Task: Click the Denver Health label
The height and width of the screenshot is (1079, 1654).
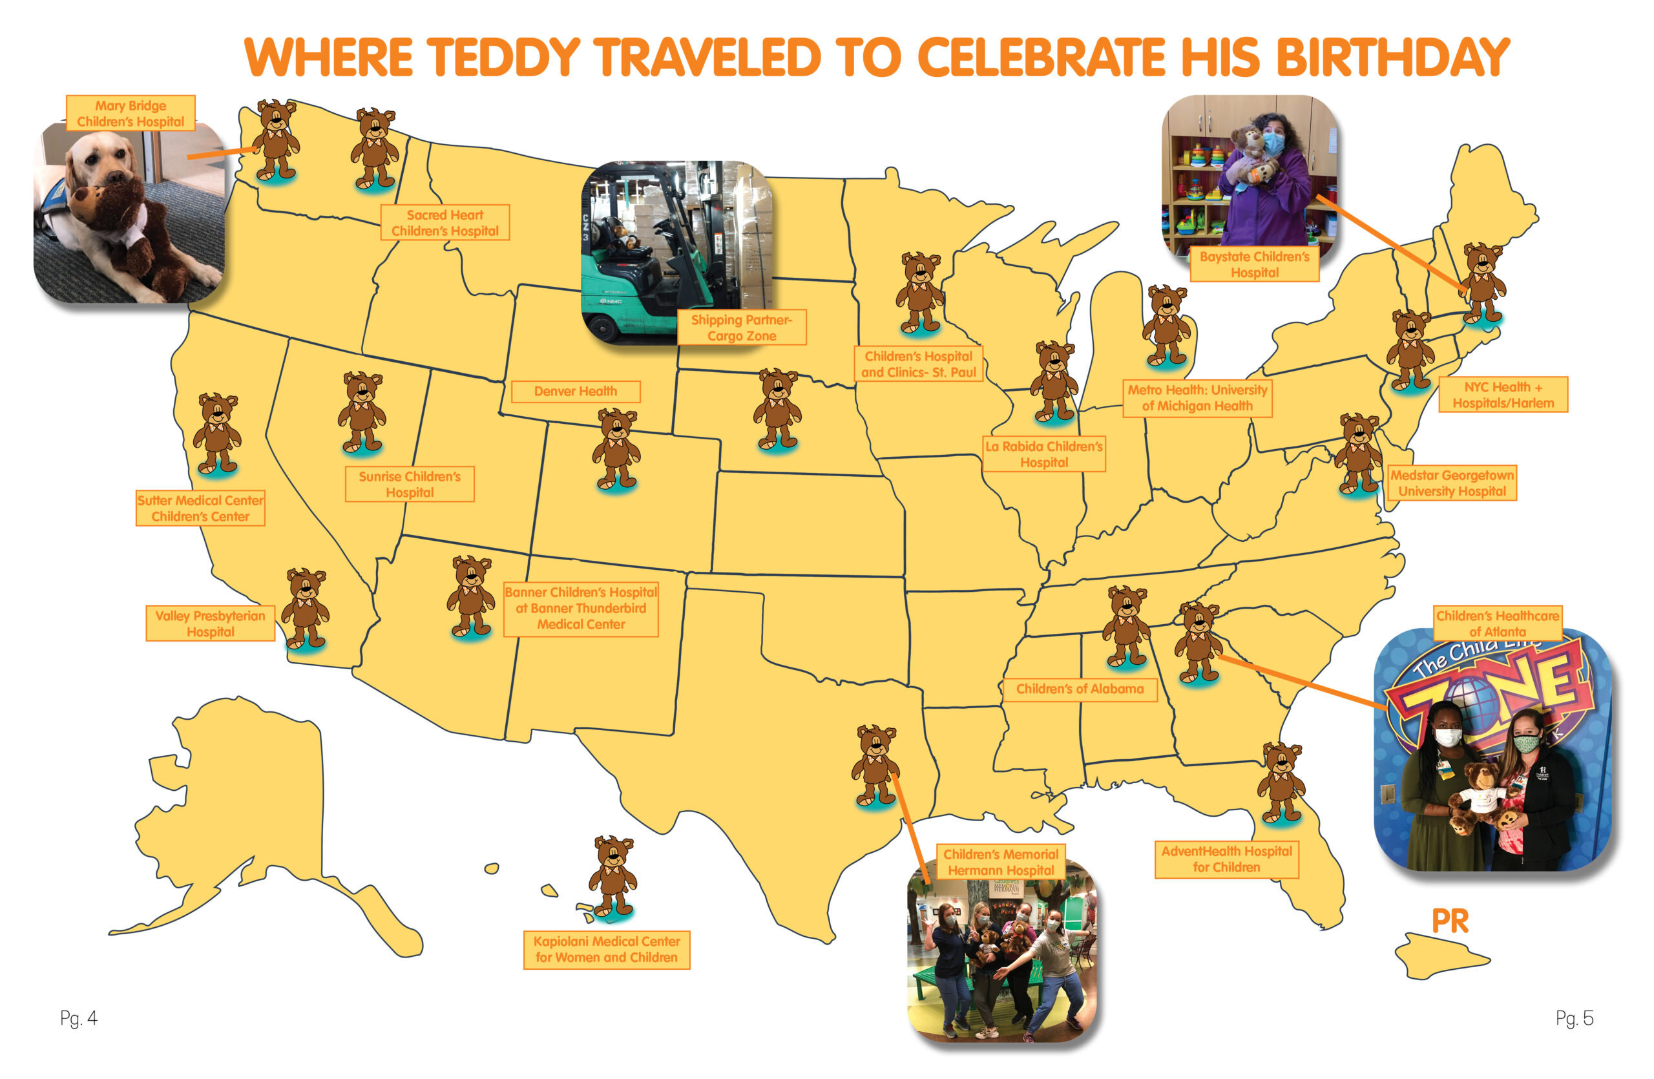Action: pos(576,391)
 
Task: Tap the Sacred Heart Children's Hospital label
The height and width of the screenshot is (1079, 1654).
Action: pos(445,222)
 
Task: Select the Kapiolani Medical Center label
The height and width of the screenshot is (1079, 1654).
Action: pos(606,949)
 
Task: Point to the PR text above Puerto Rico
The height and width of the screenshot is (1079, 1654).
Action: pos(1450,922)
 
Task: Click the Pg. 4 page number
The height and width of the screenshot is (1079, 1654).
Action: pos(79,1018)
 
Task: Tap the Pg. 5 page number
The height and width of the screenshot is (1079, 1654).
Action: pos(1574,1018)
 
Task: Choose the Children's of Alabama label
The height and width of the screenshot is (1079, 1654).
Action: pos(1079,689)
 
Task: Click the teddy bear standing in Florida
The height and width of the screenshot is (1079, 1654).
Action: pos(1281,782)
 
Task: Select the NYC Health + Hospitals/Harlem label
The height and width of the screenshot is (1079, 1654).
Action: pos(1503,395)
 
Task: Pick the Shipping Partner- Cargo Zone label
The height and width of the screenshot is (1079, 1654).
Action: pos(742,327)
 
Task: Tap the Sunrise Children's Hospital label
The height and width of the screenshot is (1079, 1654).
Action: pos(410,483)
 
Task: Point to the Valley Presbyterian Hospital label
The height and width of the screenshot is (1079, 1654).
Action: pos(210,623)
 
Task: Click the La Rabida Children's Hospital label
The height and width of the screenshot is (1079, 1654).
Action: pos(1044,454)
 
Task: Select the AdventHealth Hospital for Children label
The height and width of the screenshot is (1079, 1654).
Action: pos(1226,859)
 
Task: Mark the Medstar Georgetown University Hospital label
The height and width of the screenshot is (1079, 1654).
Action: pos(1452,483)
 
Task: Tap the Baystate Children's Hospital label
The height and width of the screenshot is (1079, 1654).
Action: pos(1255,264)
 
